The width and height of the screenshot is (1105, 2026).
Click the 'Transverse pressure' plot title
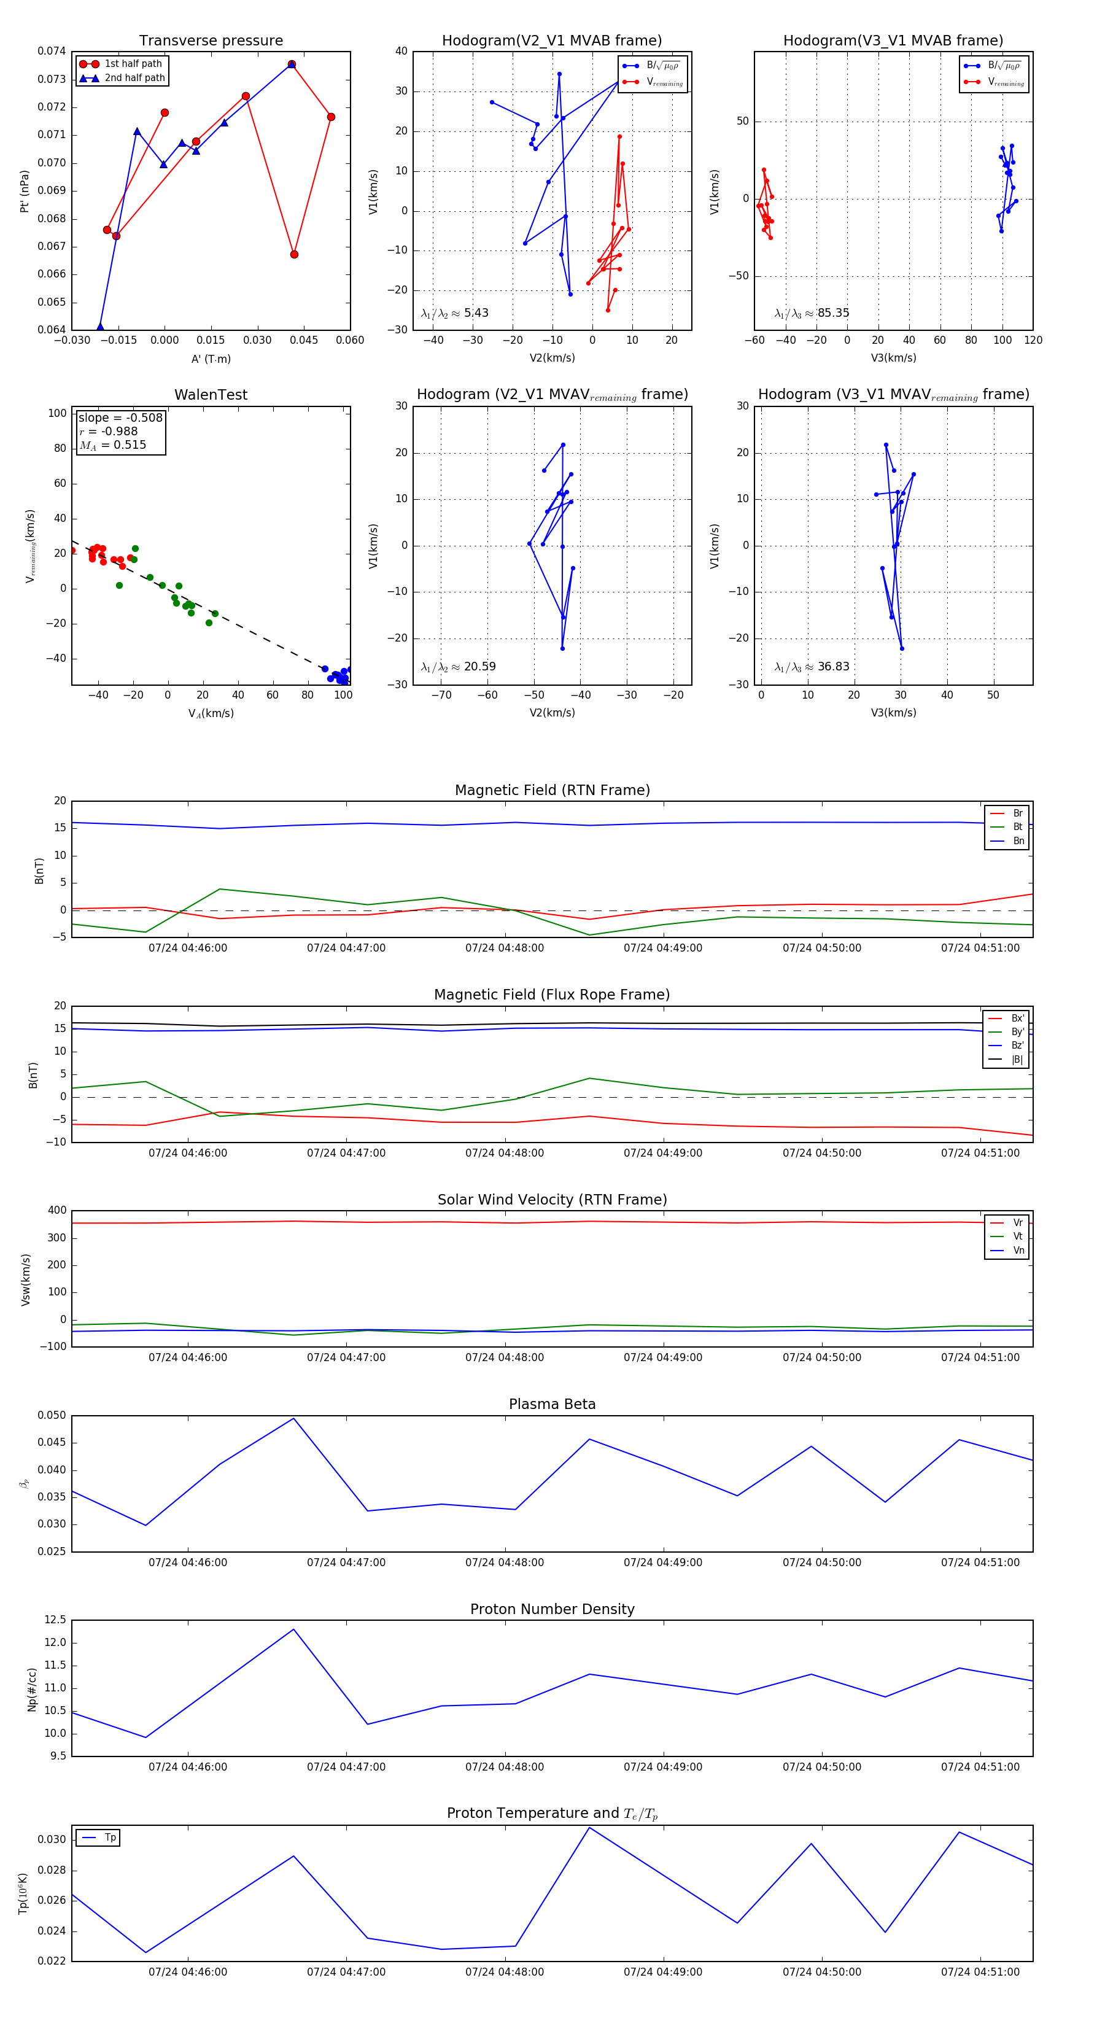coord(211,41)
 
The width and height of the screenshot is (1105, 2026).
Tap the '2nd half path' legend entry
coord(134,78)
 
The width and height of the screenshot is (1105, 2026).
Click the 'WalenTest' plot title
coord(211,395)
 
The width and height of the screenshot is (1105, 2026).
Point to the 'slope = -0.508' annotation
coord(120,417)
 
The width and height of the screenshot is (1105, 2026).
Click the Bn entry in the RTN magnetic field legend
coord(1018,840)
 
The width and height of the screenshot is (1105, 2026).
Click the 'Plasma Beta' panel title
coord(552,1404)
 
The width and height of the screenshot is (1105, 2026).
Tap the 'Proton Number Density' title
coord(552,1609)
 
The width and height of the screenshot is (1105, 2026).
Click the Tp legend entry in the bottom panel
coord(110,1838)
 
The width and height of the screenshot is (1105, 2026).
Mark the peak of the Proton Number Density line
coord(294,1629)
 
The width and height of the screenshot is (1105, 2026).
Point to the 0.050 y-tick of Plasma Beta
coord(53,1416)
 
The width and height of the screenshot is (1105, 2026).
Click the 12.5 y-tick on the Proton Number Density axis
coord(56,1620)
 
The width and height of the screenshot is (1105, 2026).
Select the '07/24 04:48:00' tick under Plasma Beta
coord(504,1562)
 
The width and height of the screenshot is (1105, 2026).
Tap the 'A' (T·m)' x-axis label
coord(211,359)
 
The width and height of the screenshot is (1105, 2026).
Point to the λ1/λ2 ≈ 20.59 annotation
coord(458,667)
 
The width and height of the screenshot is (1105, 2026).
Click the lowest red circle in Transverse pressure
coord(294,254)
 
